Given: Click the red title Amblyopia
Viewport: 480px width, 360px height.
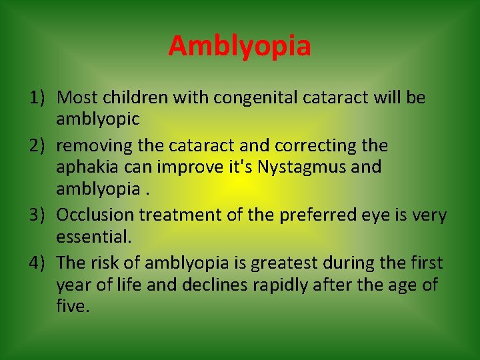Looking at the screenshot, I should (239, 46).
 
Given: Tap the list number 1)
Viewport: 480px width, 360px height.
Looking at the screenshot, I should (37, 98).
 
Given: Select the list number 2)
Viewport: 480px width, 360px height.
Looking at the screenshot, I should (37, 145).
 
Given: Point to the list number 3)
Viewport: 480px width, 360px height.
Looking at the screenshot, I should (37, 215).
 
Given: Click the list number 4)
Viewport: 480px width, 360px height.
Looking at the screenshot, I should (37, 263).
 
